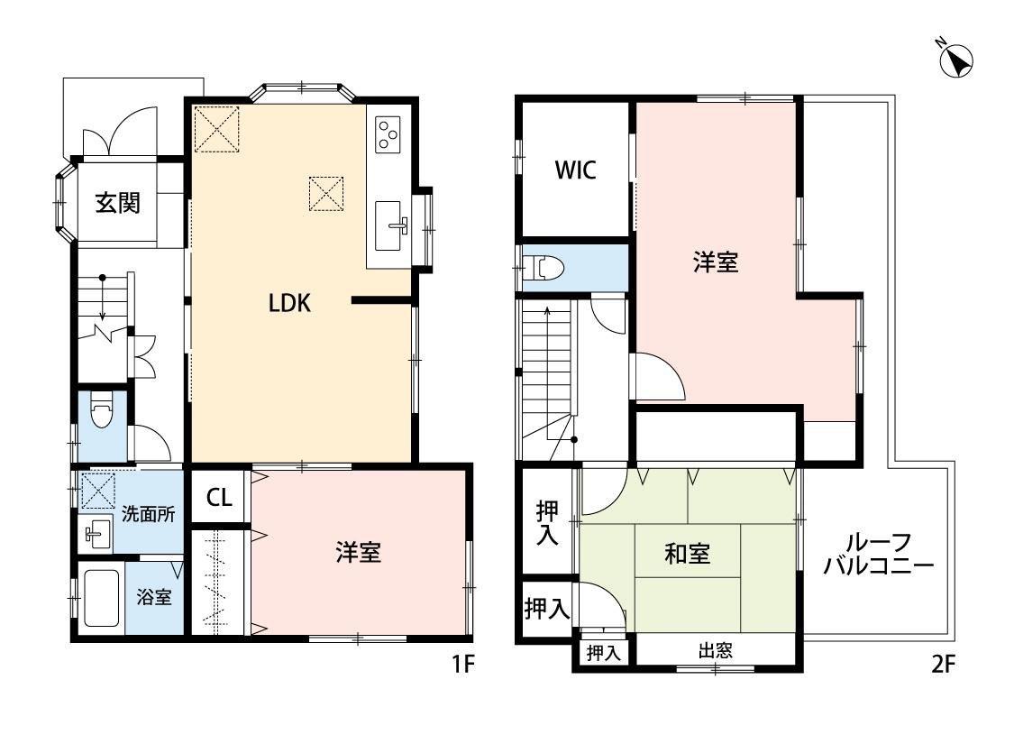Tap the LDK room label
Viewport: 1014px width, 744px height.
[289, 304]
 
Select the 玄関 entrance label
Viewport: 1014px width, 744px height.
[118, 204]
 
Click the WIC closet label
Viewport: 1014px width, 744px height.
[574, 170]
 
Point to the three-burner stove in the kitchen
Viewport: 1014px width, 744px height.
[388, 134]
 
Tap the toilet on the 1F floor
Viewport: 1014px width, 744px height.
[102, 413]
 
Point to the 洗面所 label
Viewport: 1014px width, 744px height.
[149, 515]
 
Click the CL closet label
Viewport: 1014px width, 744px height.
[218, 497]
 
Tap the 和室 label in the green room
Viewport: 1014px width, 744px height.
[687, 555]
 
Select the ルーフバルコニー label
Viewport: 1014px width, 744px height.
[878, 555]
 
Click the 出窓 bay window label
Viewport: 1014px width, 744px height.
[714, 651]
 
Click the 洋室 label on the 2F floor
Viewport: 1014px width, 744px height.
[716, 262]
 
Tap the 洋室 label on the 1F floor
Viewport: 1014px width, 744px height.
[359, 553]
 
